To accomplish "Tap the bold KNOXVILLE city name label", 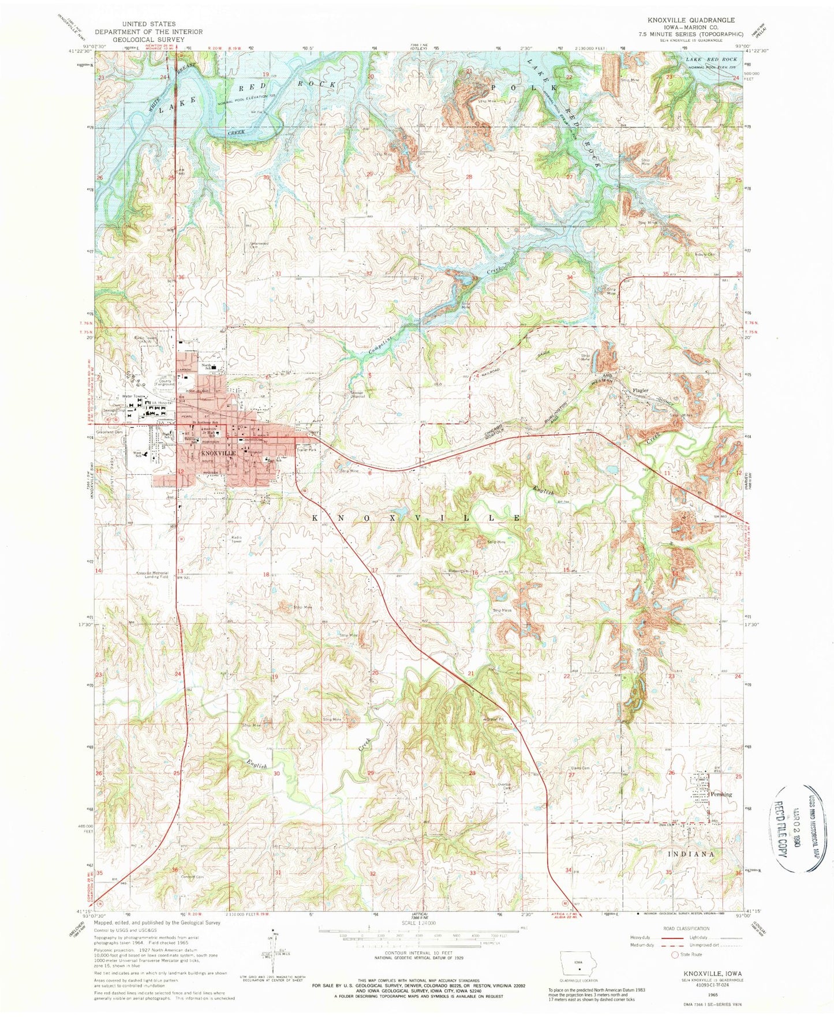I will (x=218, y=454).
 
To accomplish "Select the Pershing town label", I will (x=721, y=794).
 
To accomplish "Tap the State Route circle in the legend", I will (x=674, y=955).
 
